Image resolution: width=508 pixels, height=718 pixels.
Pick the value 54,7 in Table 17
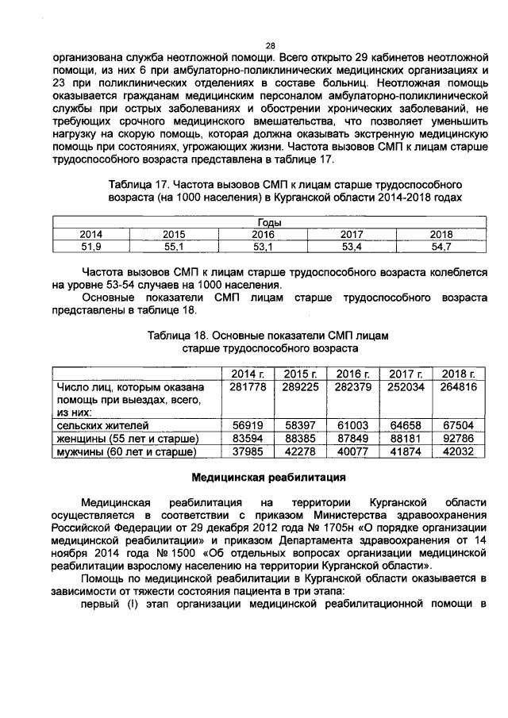(x=441, y=247)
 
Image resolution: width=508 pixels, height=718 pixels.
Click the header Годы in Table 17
(x=271, y=223)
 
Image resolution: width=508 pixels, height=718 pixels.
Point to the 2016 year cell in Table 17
(x=263, y=235)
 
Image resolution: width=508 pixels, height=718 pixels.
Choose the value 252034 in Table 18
(x=405, y=386)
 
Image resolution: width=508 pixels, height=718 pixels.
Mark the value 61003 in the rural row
(x=352, y=425)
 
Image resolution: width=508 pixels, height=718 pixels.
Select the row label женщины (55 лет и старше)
(x=127, y=439)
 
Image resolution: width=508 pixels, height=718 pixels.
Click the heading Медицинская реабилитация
(x=270, y=478)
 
